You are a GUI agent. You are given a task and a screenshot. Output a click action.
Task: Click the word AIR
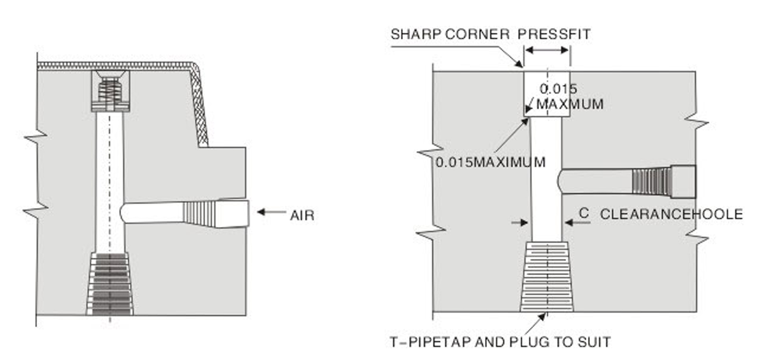tap(302, 216)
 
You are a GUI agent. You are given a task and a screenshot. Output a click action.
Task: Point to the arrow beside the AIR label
tap(271, 212)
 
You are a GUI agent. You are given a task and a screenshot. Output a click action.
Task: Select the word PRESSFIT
tap(554, 34)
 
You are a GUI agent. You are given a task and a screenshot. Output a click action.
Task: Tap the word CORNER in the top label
tap(477, 34)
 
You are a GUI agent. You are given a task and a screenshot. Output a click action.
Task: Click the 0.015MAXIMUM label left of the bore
tap(490, 162)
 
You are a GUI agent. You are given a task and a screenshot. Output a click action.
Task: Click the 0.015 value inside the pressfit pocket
tap(558, 89)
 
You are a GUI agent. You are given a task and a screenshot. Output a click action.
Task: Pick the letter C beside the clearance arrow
tap(584, 214)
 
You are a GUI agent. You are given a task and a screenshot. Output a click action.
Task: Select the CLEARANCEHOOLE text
tap(671, 214)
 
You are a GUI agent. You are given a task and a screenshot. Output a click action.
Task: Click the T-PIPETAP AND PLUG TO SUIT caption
tap(500, 342)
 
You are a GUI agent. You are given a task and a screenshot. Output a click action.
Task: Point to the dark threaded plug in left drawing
tap(110, 284)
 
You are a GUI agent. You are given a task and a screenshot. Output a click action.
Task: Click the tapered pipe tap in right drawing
tap(546, 276)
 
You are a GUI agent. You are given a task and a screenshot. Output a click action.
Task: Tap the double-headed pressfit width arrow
tap(547, 50)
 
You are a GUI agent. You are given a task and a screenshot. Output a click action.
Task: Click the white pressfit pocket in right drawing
tap(546, 94)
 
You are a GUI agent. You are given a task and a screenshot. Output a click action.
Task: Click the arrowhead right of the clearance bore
tap(568, 222)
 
